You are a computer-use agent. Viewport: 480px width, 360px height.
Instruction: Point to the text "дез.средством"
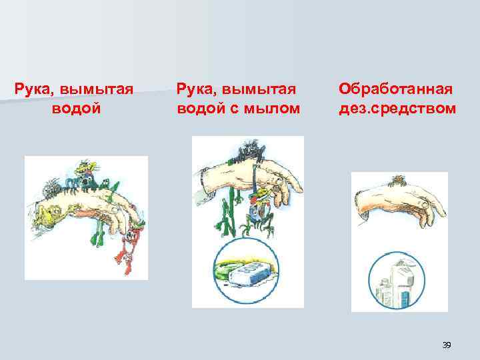tap(397, 107)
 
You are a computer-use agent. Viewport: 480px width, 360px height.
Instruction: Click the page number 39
tap(447, 345)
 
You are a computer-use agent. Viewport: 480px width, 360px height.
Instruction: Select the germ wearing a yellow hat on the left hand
tap(85, 171)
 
